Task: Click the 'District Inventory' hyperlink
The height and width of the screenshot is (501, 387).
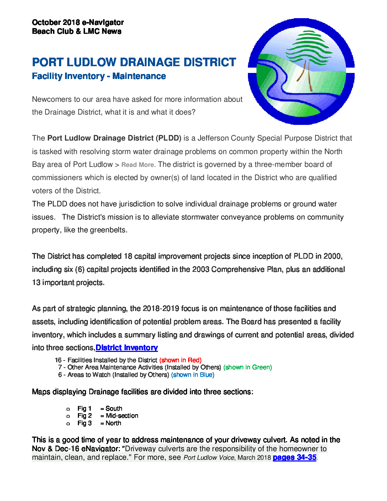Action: point(127,348)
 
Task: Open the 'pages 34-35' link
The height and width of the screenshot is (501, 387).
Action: point(294,457)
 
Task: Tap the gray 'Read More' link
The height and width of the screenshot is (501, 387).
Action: point(138,165)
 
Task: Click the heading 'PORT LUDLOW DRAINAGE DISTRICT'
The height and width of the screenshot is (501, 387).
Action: point(134,62)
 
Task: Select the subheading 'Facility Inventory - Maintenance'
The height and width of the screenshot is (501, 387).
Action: point(99,76)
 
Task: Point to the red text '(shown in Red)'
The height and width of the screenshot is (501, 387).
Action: point(180,360)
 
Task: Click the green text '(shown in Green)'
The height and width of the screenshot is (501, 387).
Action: point(248,367)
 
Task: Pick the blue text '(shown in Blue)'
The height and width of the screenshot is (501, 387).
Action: point(192,375)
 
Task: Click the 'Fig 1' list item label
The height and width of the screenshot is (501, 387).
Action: point(84,408)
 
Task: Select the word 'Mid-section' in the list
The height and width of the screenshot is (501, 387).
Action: point(122,416)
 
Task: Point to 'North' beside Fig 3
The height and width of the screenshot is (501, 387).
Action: point(113,423)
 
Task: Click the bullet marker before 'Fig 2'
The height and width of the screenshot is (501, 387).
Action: point(68,416)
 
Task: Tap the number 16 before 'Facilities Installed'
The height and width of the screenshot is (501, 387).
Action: point(58,360)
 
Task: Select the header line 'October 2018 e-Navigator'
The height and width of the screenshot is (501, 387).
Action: point(78,22)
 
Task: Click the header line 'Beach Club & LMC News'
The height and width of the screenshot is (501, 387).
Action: point(76,31)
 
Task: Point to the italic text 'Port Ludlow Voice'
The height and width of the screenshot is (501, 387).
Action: point(209,458)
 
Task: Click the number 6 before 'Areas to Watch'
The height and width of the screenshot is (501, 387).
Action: point(60,375)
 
